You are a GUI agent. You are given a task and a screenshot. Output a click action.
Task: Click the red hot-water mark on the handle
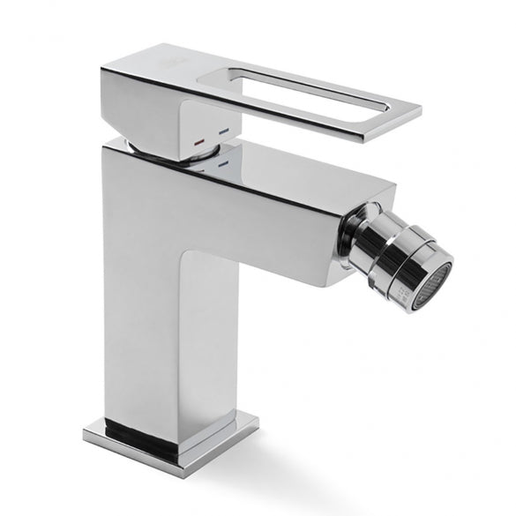199,140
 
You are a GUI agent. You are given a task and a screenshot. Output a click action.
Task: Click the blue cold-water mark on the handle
223,133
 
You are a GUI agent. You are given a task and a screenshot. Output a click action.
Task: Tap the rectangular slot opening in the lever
299,88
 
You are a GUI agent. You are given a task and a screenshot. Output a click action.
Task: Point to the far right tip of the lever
419,113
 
